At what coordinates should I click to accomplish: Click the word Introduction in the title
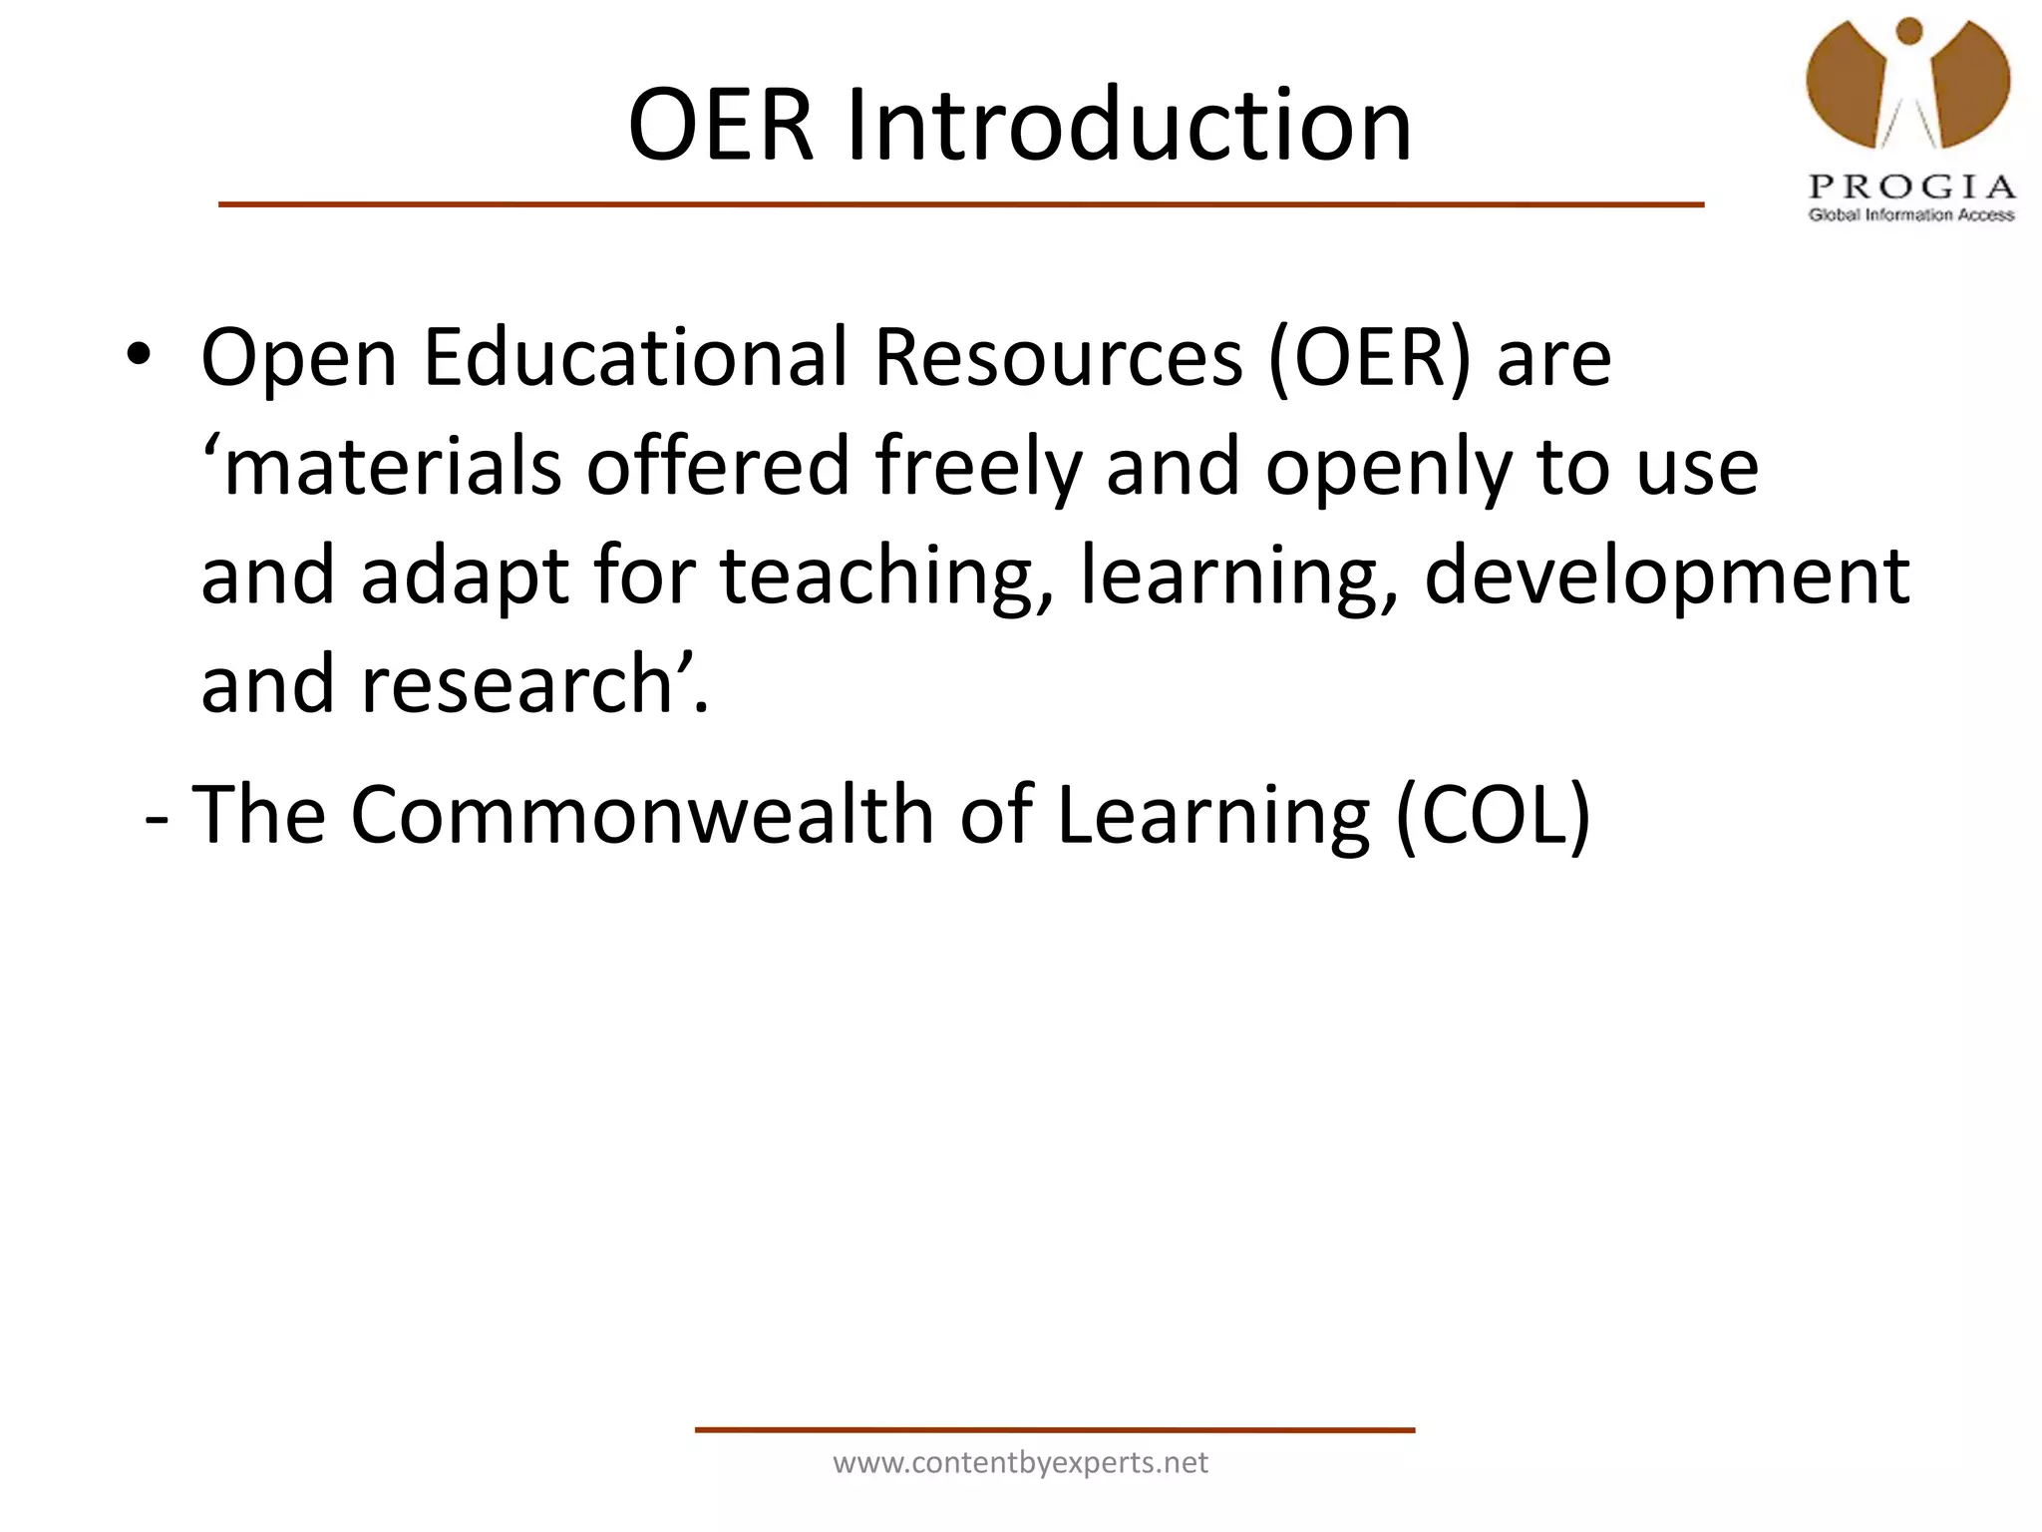pyautogui.click(x=1129, y=126)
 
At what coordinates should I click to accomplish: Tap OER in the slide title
pyautogui.click(x=721, y=126)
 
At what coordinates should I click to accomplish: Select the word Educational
pyautogui.click(x=635, y=357)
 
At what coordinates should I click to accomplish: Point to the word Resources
pyautogui.click(x=1059, y=357)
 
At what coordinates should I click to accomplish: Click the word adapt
pyautogui.click(x=465, y=576)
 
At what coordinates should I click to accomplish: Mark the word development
pyautogui.click(x=1666, y=576)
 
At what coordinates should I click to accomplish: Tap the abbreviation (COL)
pyautogui.click(x=1493, y=815)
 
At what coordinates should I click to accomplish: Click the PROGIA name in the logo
pyautogui.click(x=1912, y=187)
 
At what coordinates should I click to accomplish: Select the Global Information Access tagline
pyautogui.click(x=1911, y=214)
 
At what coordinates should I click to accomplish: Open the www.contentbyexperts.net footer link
pyautogui.click(x=1020, y=1462)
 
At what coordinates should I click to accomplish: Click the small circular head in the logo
pyautogui.click(x=1909, y=31)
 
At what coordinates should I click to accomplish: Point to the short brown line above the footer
pyautogui.click(x=1054, y=1430)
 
